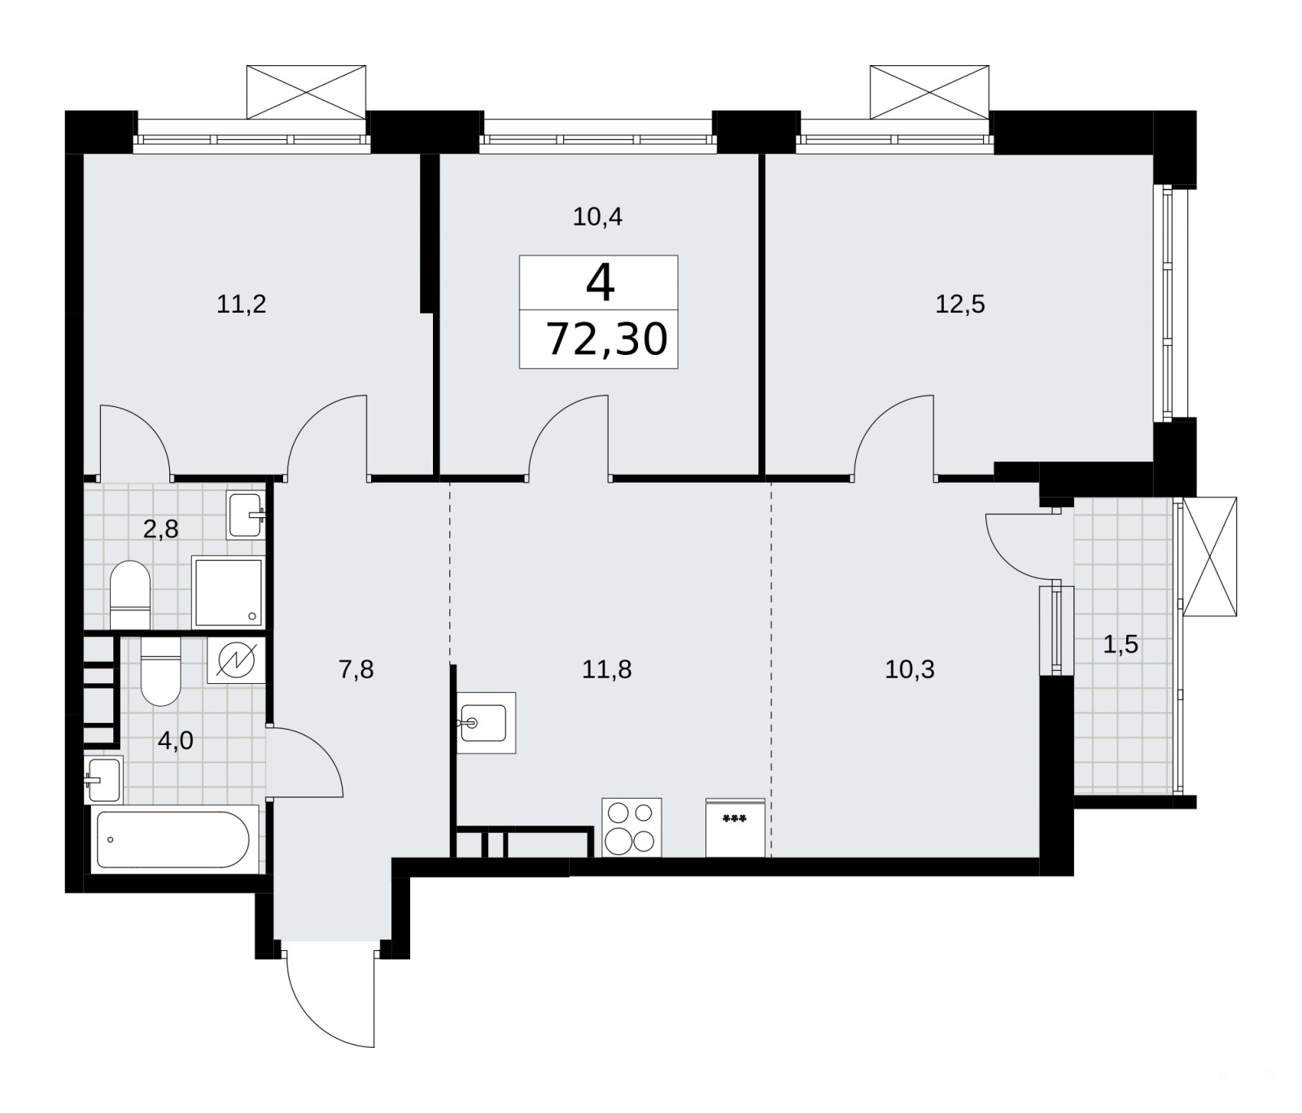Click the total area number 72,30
pos(607,340)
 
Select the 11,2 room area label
pos(242,305)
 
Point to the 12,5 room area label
pos(960,305)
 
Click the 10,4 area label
pos(598,217)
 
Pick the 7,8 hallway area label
pos(356,669)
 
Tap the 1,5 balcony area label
pos(1121,645)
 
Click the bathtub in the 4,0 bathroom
pos(173,839)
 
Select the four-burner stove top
pos(631,827)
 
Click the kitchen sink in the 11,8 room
pos(486,722)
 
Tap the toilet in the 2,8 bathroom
pos(130,595)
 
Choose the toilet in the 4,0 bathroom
pos(160,670)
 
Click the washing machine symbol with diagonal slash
pos(236,659)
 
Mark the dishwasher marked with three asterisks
pos(735,827)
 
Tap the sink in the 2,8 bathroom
pos(246,515)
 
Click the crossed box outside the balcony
pos(1209,557)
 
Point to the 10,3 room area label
pos(910,669)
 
